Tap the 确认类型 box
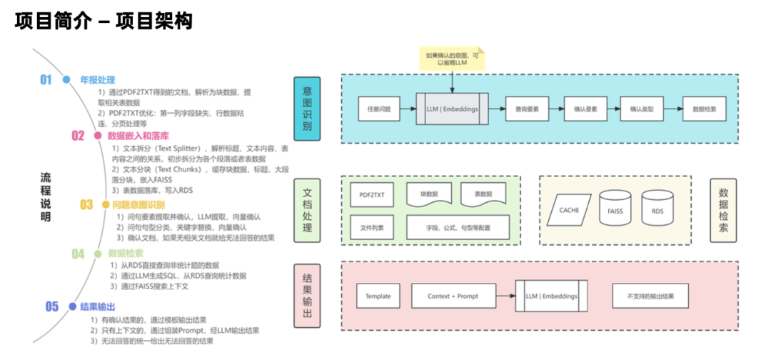coord(645,109)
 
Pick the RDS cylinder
coord(657,210)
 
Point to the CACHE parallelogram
coord(569,210)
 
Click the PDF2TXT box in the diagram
coord(372,194)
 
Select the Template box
coord(378,296)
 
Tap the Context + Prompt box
coord(453,296)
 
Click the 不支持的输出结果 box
coord(650,296)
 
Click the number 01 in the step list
coord(46,80)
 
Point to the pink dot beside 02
coord(98,135)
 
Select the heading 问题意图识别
coord(138,205)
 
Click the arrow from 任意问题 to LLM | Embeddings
coord(406,109)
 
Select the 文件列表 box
coord(372,227)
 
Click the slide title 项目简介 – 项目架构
coord(104,21)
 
